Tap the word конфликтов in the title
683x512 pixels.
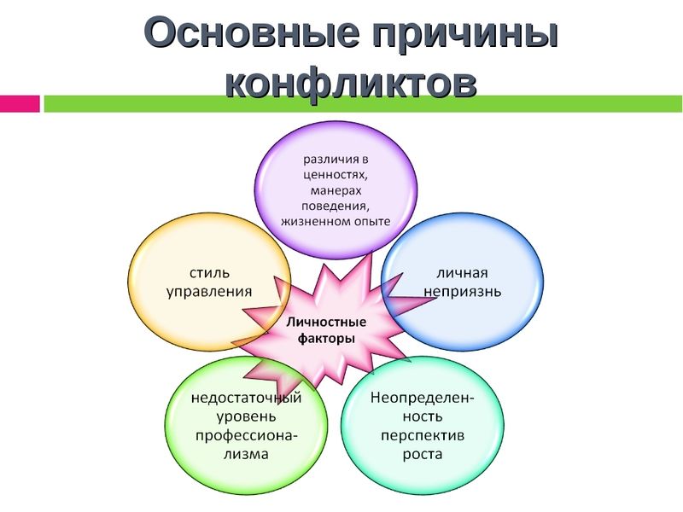pyautogui.click(x=351, y=82)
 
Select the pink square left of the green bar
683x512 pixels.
pyautogui.click(x=20, y=103)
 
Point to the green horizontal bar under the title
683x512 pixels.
pyautogui.click(x=364, y=103)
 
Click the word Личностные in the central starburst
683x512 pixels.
pyautogui.click(x=326, y=323)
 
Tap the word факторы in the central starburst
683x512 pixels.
pyautogui.click(x=326, y=338)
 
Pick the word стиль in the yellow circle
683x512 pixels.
pyautogui.click(x=209, y=273)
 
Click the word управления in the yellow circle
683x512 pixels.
pyautogui.click(x=209, y=292)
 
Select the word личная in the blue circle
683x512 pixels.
pyautogui.click(x=462, y=273)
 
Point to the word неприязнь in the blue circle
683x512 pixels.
pyautogui.click(x=462, y=292)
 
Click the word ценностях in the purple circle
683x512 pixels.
pyautogui.click(x=335, y=175)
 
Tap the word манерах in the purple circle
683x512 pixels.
pyautogui.click(x=336, y=190)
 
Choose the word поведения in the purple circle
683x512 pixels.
pyautogui.click(x=336, y=206)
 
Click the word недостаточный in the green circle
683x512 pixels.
pyautogui.click(x=247, y=398)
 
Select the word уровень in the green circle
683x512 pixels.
pyautogui.click(x=246, y=417)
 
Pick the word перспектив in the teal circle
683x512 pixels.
pyautogui.click(x=423, y=436)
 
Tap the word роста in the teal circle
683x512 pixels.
pyautogui.click(x=423, y=455)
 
